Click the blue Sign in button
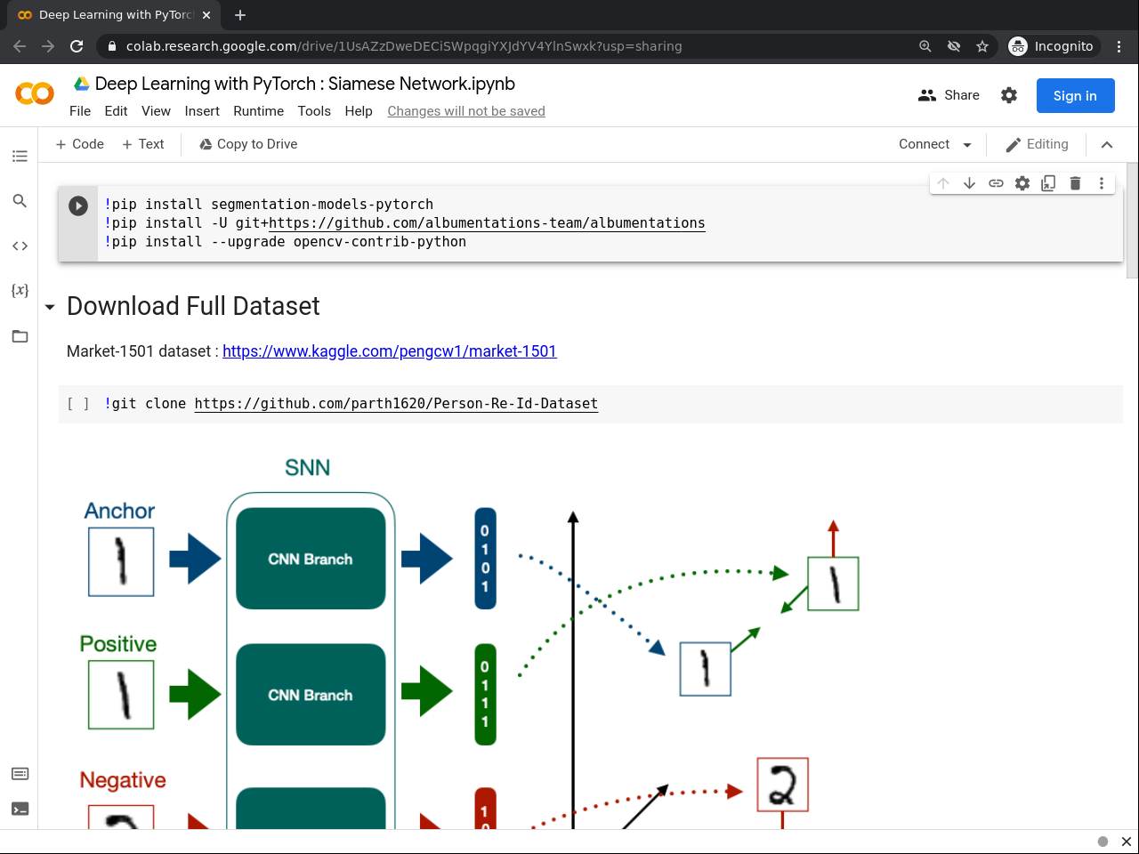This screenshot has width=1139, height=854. (x=1075, y=96)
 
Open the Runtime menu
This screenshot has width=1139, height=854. (x=258, y=111)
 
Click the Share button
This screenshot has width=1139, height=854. (x=949, y=95)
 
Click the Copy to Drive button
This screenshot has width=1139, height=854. (x=248, y=144)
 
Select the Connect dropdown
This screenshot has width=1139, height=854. (x=934, y=144)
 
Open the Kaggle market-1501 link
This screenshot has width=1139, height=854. (x=389, y=351)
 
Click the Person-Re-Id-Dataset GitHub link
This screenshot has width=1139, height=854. (x=396, y=404)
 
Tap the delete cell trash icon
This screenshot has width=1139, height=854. (x=1075, y=183)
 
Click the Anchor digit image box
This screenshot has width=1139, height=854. (x=121, y=562)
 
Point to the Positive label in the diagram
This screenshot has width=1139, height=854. (x=118, y=644)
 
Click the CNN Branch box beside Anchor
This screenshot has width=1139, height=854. (x=311, y=559)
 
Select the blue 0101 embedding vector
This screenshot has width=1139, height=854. (x=485, y=559)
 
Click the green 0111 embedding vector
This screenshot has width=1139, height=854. (x=485, y=695)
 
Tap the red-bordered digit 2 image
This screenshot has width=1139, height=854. (x=782, y=785)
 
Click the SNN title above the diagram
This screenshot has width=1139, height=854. (x=307, y=468)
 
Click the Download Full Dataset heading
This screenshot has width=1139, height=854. (x=193, y=306)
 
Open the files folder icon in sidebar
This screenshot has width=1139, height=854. (x=20, y=336)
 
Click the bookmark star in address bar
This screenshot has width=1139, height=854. (x=982, y=46)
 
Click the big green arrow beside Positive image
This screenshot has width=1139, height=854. (x=195, y=695)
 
